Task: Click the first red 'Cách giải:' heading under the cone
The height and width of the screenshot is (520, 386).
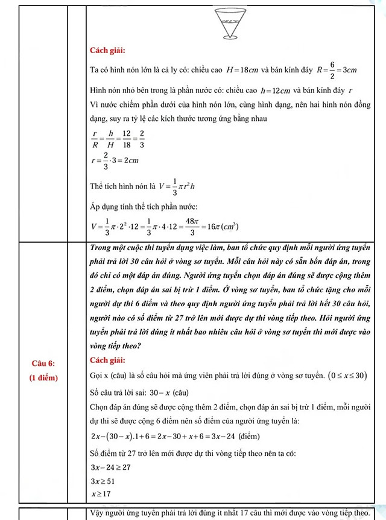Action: click(107, 50)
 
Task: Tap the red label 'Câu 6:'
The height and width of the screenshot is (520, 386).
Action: click(42, 363)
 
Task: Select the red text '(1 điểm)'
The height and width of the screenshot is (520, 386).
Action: click(42, 377)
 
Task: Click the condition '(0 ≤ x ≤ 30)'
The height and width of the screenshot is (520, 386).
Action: click(346, 376)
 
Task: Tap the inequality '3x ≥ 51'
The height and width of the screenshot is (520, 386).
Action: click(101, 481)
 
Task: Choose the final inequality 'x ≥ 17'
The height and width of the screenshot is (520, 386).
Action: click(100, 493)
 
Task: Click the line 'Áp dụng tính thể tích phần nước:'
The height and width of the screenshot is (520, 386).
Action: click(148, 207)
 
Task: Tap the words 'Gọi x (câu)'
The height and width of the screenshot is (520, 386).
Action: click(109, 376)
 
